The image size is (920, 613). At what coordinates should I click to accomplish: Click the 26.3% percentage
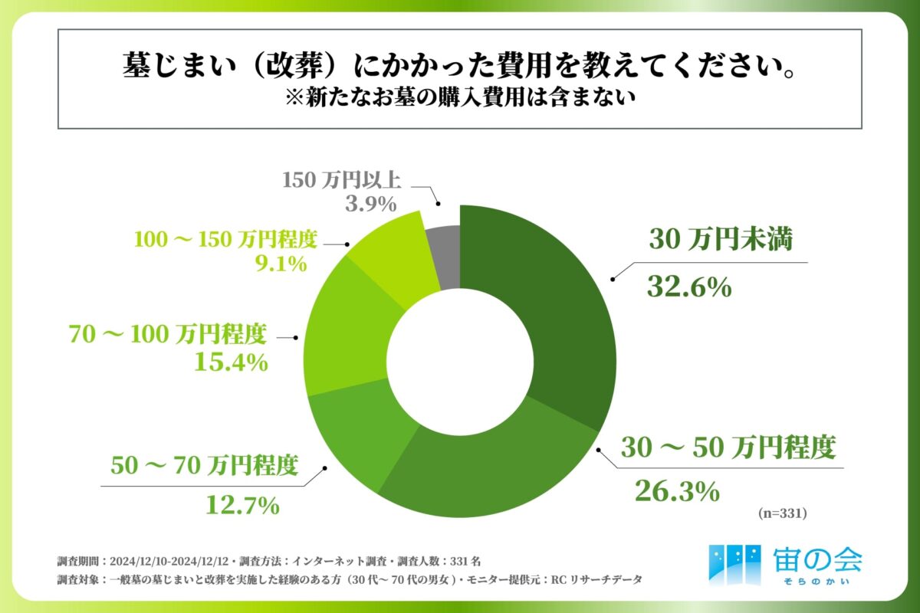tap(677, 491)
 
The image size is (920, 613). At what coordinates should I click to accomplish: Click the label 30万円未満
tap(720, 241)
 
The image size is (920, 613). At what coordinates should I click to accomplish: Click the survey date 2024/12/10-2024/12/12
tap(177, 559)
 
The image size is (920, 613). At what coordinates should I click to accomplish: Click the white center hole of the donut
tap(459, 361)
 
